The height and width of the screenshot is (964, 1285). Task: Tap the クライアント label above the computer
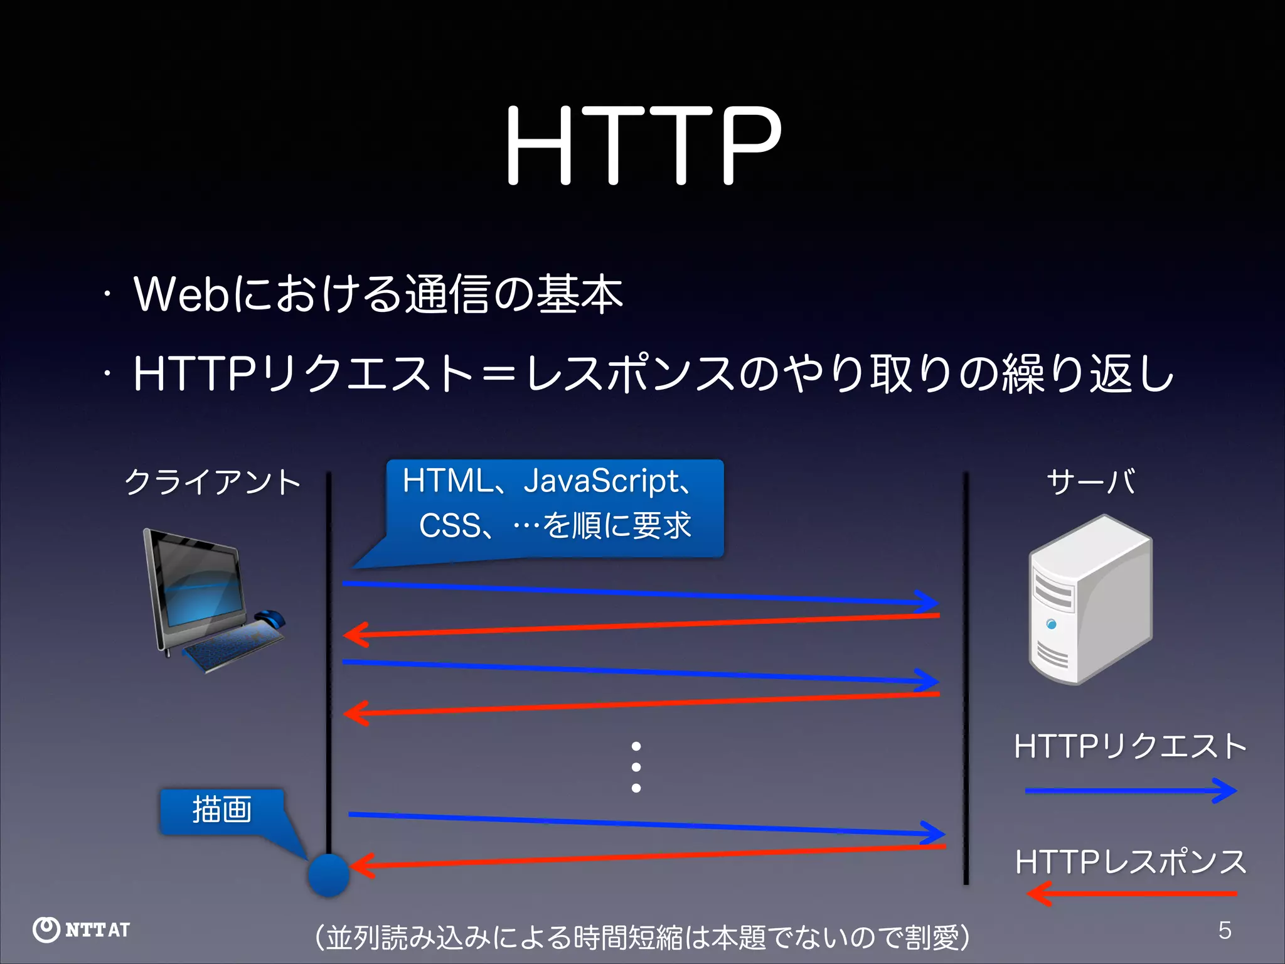(x=213, y=483)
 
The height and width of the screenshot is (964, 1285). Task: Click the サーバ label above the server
(x=1090, y=483)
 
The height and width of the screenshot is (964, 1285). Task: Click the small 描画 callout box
(x=222, y=811)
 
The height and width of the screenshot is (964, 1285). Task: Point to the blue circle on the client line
(x=328, y=875)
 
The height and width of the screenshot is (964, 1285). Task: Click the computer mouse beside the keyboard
(x=270, y=618)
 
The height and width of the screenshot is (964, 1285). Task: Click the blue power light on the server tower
(x=1051, y=624)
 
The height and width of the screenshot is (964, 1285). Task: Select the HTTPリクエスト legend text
(x=1130, y=747)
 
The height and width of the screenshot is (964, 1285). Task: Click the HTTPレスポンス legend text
(x=1130, y=862)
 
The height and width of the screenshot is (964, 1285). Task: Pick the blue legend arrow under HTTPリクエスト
(x=1130, y=791)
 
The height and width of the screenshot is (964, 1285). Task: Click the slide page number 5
(x=1225, y=930)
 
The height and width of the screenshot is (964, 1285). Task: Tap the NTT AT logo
(x=82, y=929)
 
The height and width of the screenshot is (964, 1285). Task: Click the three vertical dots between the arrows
(x=636, y=767)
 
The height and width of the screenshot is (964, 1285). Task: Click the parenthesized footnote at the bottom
(x=642, y=938)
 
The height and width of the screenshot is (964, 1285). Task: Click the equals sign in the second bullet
(x=499, y=375)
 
